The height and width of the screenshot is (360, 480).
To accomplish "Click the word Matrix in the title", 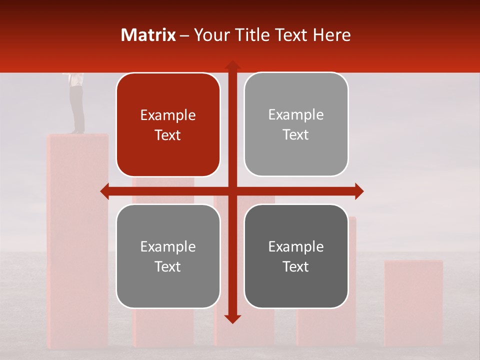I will click(x=148, y=35).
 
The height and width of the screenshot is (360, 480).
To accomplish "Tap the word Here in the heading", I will click(x=332, y=35).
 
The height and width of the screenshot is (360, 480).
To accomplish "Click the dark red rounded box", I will click(x=168, y=125).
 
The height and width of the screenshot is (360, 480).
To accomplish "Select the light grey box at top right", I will click(x=296, y=124).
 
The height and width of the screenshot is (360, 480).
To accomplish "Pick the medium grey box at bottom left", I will click(x=168, y=256).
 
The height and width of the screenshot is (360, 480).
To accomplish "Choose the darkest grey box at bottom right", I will click(x=296, y=256).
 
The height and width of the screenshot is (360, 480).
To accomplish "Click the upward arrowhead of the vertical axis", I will click(x=232, y=65).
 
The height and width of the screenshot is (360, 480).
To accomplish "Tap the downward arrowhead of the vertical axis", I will click(x=232, y=319).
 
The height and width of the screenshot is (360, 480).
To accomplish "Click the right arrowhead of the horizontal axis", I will click(x=359, y=191).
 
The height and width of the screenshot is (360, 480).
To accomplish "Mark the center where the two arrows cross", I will click(x=232, y=191).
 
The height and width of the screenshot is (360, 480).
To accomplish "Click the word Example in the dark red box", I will click(x=168, y=115).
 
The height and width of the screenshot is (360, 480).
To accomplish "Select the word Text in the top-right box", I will click(x=296, y=135).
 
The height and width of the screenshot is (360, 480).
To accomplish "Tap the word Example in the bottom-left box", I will click(x=168, y=247).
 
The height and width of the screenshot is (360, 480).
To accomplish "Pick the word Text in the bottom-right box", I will click(x=296, y=266).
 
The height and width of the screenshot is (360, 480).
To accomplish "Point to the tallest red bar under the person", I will click(x=77, y=240).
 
